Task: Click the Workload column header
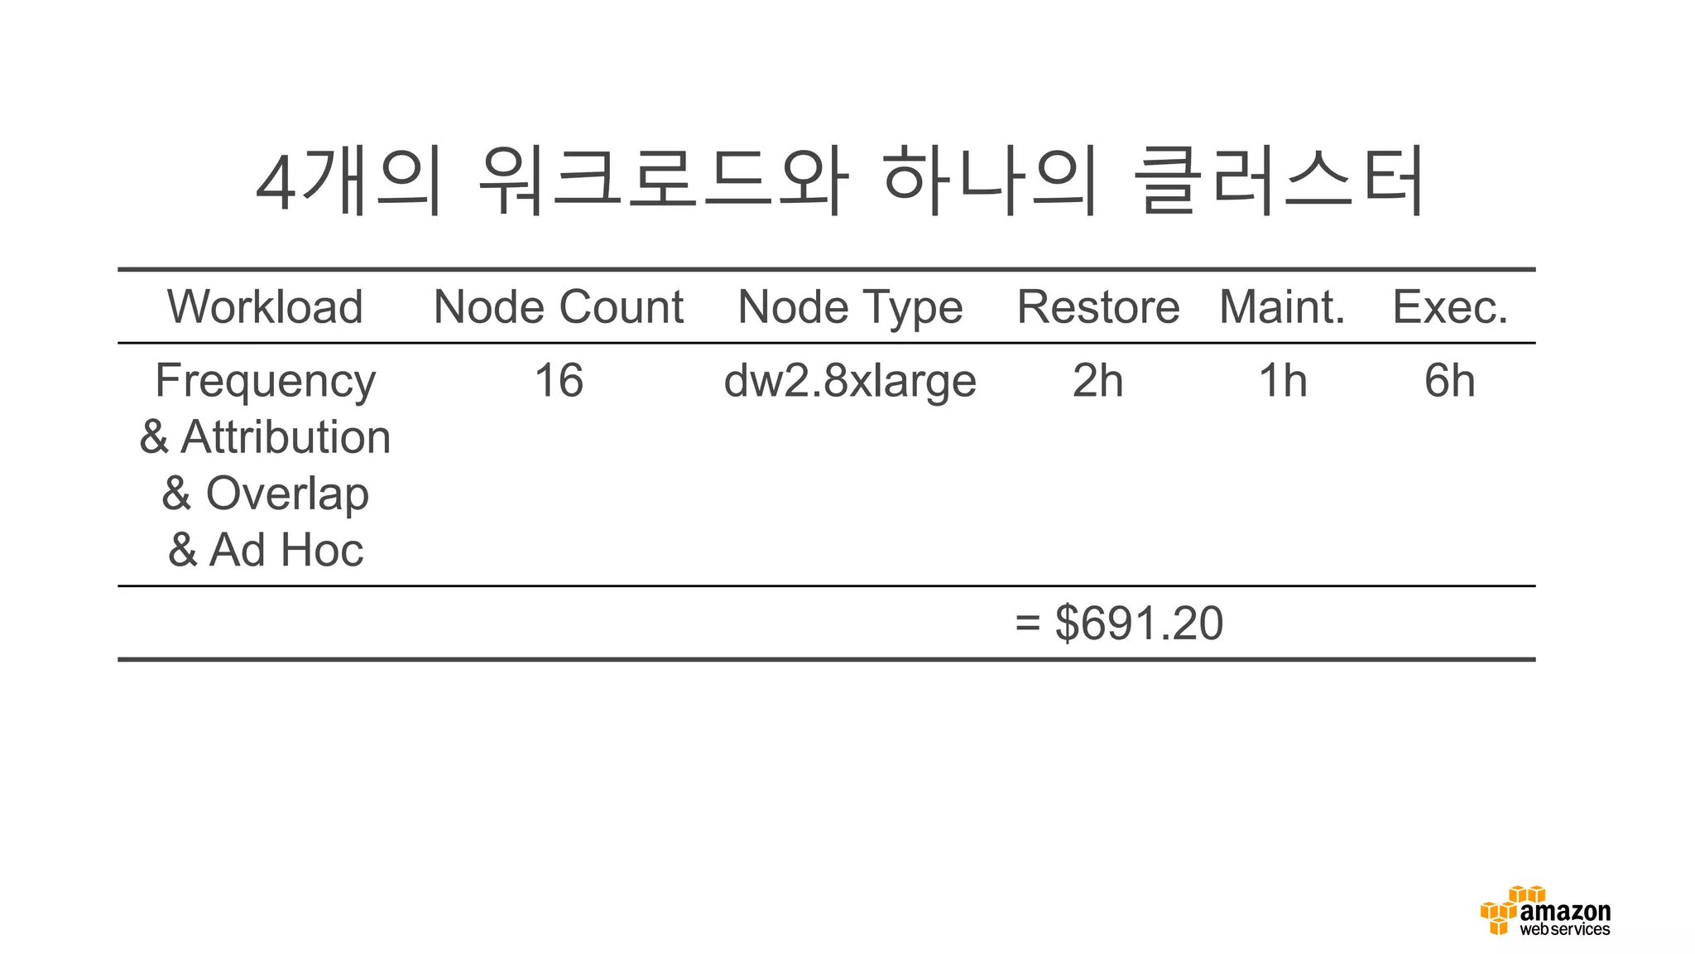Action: (x=265, y=307)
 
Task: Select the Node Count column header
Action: (x=559, y=307)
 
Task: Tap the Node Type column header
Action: (x=850, y=308)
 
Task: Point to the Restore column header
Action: (x=1097, y=307)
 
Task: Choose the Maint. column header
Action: (x=1282, y=307)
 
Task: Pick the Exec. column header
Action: (x=1450, y=307)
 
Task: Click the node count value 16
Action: (x=559, y=381)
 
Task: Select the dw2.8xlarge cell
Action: (x=850, y=382)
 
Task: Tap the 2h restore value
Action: (x=1097, y=381)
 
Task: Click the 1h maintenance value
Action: (x=1282, y=381)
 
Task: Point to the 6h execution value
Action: (x=1450, y=381)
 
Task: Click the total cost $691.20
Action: (x=1139, y=623)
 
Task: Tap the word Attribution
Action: (x=286, y=437)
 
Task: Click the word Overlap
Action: (x=286, y=494)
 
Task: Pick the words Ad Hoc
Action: (x=286, y=550)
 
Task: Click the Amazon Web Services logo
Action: (x=1545, y=912)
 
